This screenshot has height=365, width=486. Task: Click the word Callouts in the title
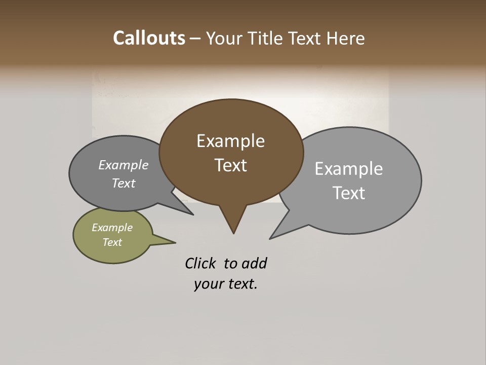[149, 38]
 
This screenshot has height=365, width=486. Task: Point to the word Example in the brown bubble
[230, 141]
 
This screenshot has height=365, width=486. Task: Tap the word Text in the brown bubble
[230, 165]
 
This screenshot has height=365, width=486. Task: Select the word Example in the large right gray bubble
[348, 169]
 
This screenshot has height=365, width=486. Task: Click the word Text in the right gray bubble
[348, 193]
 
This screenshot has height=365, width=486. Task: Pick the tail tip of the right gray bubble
[271, 237]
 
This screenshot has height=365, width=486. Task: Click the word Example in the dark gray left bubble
[124, 165]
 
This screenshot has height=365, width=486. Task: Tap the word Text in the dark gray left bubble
[124, 183]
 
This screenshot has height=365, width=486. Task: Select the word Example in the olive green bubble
[112, 228]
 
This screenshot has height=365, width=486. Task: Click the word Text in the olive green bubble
[112, 242]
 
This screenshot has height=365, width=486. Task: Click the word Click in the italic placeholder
[200, 263]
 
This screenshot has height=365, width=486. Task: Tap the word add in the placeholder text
[254, 263]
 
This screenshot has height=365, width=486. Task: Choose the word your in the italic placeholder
[208, 284]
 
